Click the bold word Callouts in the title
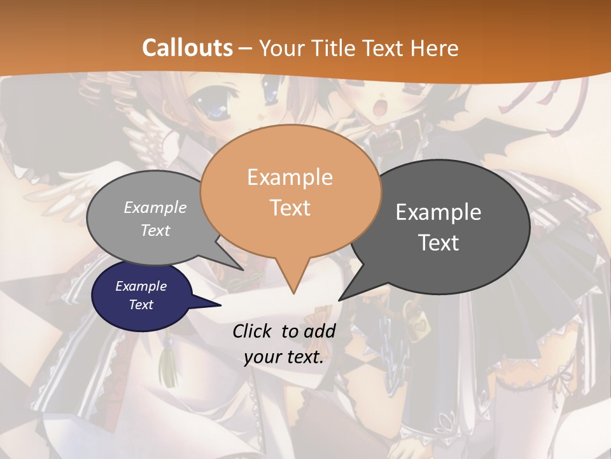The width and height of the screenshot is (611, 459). [x=187, y=48]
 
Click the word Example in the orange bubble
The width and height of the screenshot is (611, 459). [x=290, y=177]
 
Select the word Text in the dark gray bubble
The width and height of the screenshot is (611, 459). [x=439, y=243]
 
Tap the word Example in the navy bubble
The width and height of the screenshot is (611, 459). [x=141, y=286]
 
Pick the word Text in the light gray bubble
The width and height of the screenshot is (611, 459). [x=155, y=231]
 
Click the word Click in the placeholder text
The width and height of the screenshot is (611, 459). [x=253, y=331]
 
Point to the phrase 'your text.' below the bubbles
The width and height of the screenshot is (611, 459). [x=284, y=357]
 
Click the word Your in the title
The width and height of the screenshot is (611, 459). [x=281, y=48]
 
